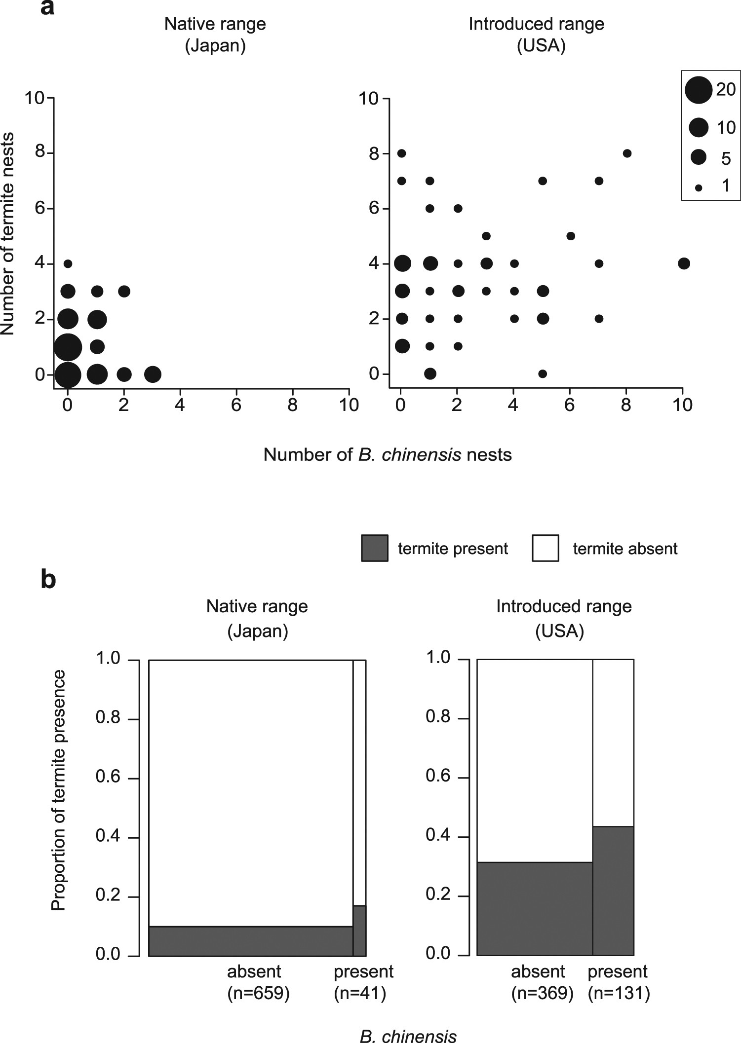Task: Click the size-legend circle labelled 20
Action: click(699, 90)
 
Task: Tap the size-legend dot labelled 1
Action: click(699, 187)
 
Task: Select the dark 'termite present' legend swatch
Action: click(375, 548)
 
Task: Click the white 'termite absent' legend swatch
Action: click(546, 548)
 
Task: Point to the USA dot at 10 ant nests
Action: click(684, 263)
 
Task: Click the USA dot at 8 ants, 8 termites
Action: click(627, 153)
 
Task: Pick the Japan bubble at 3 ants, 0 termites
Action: click(153, 374)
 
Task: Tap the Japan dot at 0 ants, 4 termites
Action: click(68, 264)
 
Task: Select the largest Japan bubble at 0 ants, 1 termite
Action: click(68, 347)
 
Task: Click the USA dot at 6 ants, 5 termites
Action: click(571, 236)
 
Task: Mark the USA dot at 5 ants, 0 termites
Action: click(543, 373)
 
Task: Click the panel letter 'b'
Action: click(48, 579)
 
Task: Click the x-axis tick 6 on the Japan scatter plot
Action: click(236, 405)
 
